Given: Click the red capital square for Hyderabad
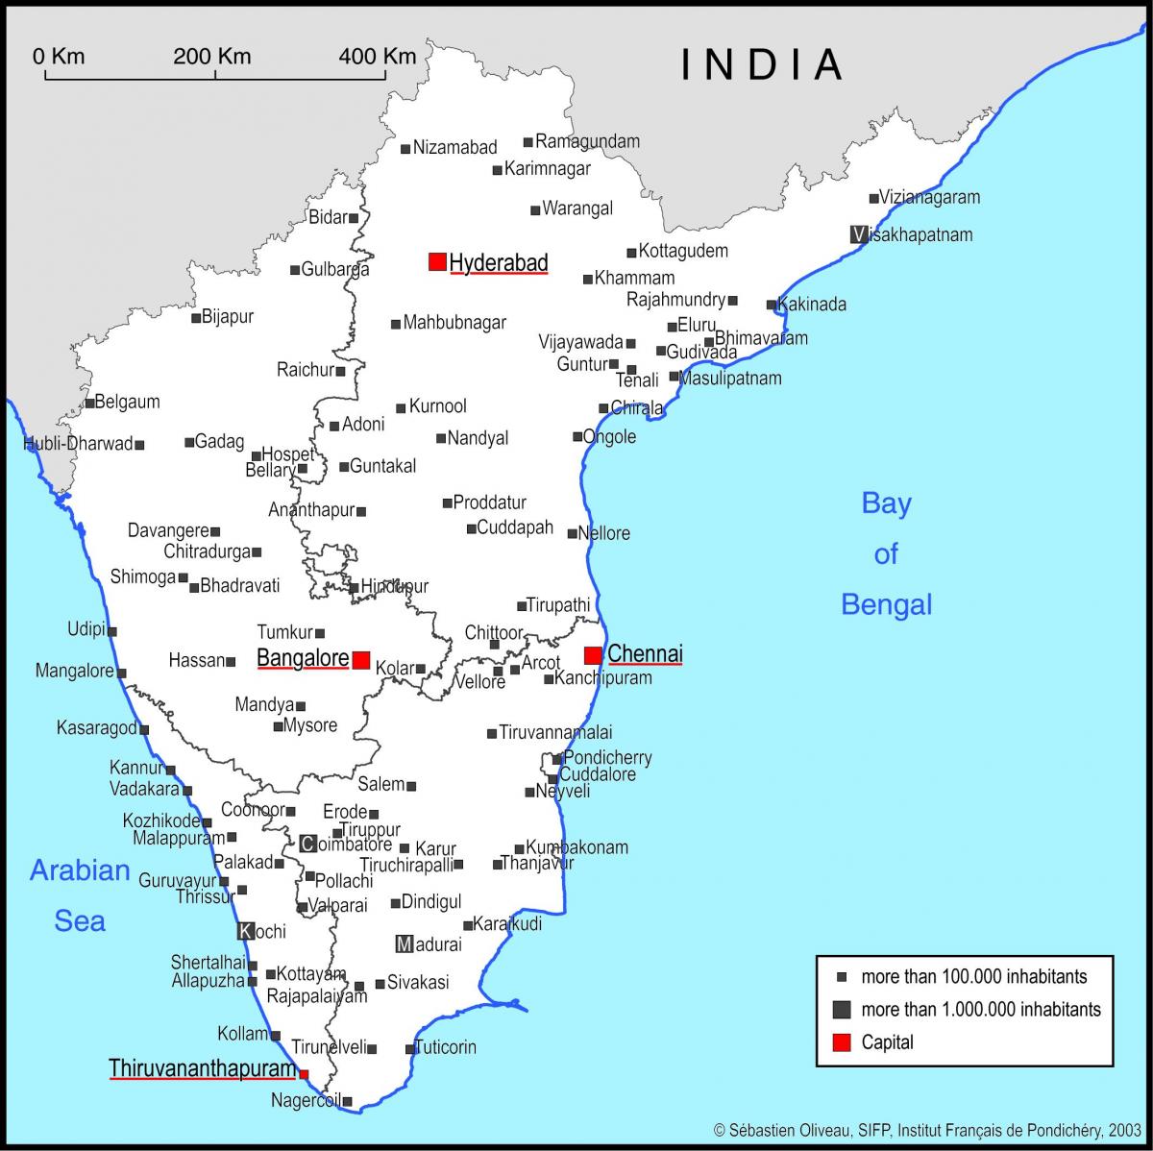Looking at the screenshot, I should [x=437, y=261].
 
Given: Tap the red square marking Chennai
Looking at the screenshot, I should [x=593, y=655].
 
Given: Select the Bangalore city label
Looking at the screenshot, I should [x=303, y=659].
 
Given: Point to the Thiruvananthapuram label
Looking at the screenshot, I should [x=202, y=1068].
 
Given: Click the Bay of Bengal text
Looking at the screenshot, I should [x=886, y=553].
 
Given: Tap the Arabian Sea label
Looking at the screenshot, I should [x=80, y=895].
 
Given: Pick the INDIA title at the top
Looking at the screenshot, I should [x=762, y=63].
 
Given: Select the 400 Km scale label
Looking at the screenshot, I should [x=378, y=56].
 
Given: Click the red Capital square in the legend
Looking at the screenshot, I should [x=842, y=1041].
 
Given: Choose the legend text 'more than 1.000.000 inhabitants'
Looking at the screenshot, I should [x=981, y=1009].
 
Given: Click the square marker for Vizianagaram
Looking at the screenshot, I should [x=873, y=199].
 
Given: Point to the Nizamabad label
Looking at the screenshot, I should [x=454, y=147].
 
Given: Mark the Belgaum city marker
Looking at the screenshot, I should [x=89, y=403].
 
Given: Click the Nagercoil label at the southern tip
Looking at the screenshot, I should [x=306, y=1100].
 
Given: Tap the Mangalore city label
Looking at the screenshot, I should [x=75, y=671].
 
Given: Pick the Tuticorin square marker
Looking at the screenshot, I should [x=410, y=1049].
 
